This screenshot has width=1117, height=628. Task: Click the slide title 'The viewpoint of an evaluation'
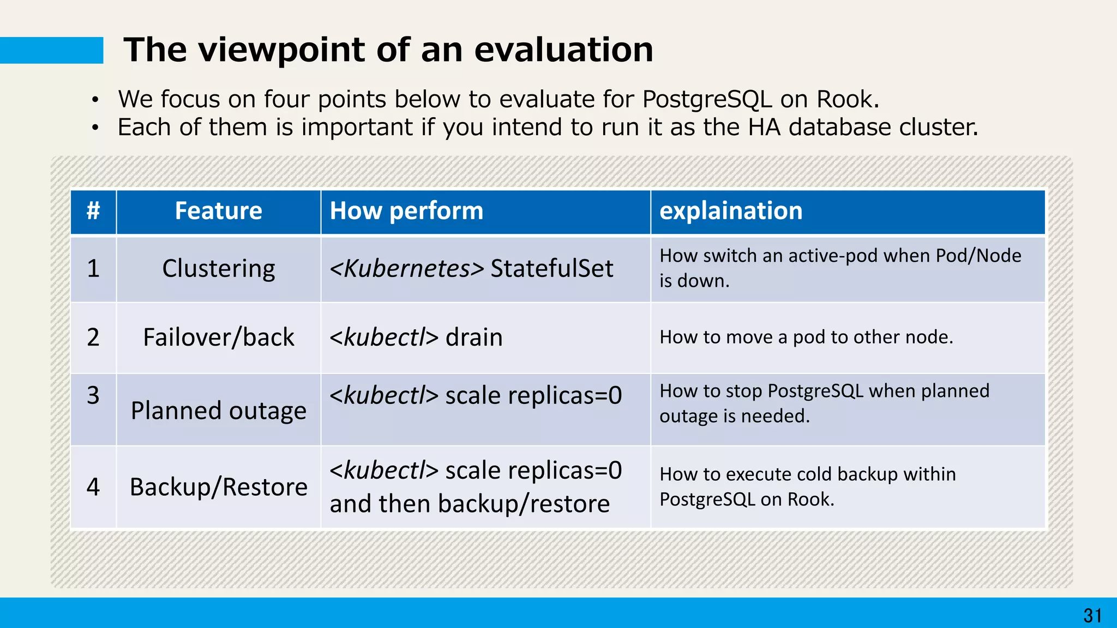388,50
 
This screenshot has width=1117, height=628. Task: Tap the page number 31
1092,615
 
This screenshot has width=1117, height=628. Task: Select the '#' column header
93,211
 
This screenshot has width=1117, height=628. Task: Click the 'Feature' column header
218,211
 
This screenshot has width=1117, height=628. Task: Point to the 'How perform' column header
406,211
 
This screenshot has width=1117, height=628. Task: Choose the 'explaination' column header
731,211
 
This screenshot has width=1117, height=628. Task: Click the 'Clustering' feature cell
218,268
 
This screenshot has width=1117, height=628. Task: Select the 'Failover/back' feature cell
218,337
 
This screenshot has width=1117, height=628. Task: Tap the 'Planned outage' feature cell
218,410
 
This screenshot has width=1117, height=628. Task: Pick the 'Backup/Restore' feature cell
218,487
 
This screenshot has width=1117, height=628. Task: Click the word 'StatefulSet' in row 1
551,268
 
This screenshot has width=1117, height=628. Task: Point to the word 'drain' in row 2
473,337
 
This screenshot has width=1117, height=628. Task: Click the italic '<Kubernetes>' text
406,268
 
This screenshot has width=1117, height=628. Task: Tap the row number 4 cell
93,487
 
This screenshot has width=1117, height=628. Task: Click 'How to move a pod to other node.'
806,337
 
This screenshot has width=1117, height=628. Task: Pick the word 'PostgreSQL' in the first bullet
707,99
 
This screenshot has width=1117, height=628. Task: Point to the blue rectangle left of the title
51,50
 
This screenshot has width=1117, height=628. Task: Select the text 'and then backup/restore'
469,504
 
